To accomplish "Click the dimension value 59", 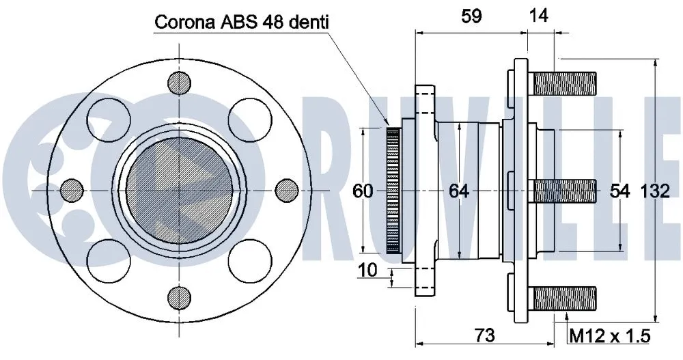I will click(x=471, y=16).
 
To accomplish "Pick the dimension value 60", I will click(x=363, y=192).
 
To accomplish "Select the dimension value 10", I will click(x=367, y=271).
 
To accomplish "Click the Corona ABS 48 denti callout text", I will click(x=242, y=23).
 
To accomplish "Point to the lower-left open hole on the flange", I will click(x=107, y=258).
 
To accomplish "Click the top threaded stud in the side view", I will click(x=564, y=84).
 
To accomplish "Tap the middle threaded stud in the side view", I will click(x=564, y=191).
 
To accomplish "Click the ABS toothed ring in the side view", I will click(x=393, y=191).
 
